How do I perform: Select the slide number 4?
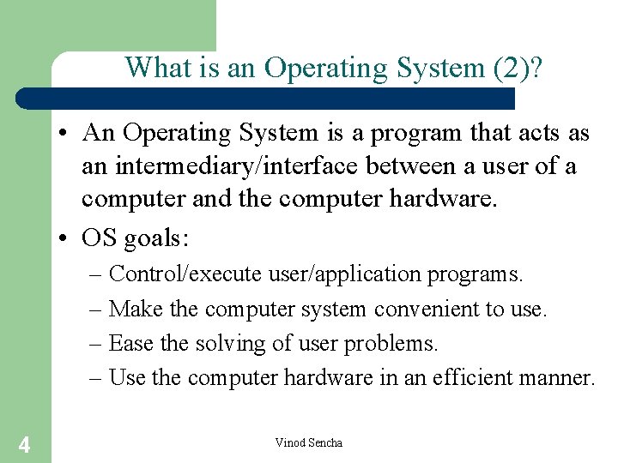coord(25,444)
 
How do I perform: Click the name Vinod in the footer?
coord(290,442)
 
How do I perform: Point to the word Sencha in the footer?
coord(325,442)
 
